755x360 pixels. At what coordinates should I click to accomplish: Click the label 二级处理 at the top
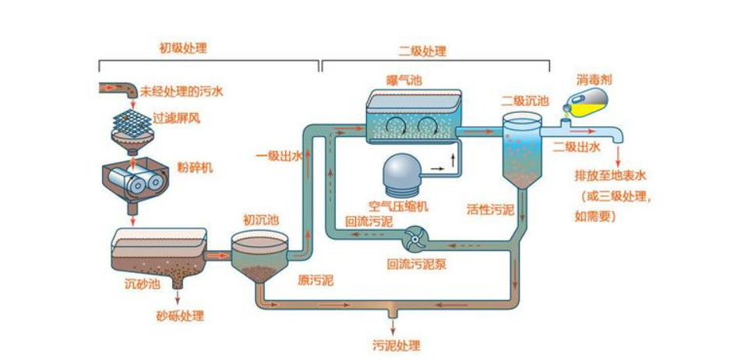click(x=422, y=51)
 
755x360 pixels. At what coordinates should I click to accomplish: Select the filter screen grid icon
click(x=130, y=118)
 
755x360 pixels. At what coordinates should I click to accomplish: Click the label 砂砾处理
click(x=180, y=316)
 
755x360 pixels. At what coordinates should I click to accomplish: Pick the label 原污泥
click(x=315, y=280)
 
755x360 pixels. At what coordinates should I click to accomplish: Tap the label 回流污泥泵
click(x=417, y=263)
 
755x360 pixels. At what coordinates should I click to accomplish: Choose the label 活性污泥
click(x=490, y=209)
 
